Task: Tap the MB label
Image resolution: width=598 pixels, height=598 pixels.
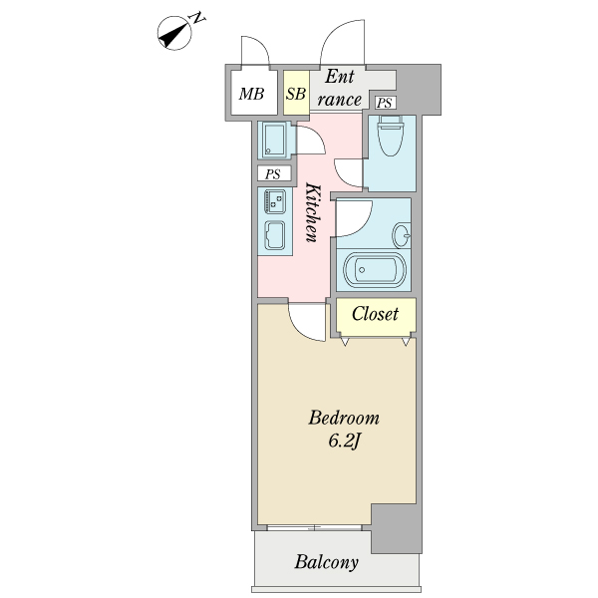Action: (251, 95)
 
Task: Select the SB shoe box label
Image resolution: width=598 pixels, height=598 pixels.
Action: (295, 95)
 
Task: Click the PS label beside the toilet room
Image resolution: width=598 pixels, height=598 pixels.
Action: (385, 103)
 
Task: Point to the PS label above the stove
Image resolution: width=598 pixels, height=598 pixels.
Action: (272, 173)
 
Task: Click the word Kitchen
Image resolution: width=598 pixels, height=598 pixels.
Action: (311, 212)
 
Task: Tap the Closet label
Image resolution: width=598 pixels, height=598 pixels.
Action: (375, 314)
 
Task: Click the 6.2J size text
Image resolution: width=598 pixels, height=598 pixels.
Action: (343, 441)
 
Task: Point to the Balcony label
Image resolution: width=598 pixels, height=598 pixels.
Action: (326, 562)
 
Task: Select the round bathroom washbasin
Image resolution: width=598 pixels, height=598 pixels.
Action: (402, 236)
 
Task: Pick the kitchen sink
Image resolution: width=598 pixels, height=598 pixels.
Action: (274, 235)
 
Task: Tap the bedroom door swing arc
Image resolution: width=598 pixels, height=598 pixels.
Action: (306, 321)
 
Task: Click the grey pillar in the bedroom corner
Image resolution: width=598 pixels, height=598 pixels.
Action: (395, 528)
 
